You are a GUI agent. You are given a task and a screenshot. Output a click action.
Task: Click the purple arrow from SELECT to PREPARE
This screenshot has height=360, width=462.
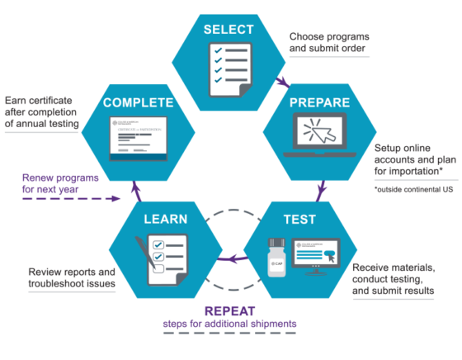(282, 81)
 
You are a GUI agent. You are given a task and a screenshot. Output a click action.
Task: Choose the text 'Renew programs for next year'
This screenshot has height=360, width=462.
(55, 184)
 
